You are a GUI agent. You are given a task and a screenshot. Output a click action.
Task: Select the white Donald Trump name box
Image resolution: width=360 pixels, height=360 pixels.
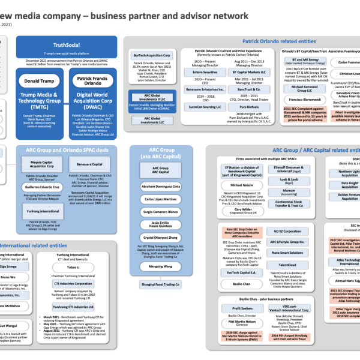[40, 80]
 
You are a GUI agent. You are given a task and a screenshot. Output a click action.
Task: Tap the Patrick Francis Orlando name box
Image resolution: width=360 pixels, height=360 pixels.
[92, 80]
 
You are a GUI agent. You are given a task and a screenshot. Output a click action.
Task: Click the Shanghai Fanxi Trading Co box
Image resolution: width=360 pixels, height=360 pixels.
[160, 284]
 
